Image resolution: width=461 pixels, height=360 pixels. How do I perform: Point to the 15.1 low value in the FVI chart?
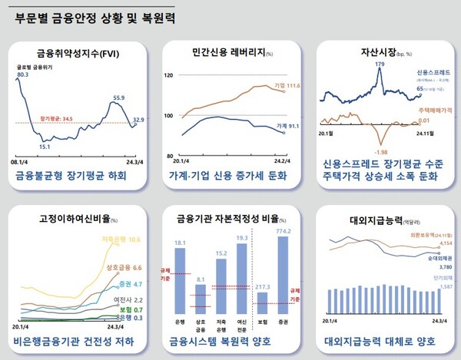click(45, 146)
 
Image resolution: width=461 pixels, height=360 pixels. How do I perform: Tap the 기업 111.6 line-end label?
click(285, 87)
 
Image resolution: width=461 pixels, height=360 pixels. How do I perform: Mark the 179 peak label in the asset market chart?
click(380, 65)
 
